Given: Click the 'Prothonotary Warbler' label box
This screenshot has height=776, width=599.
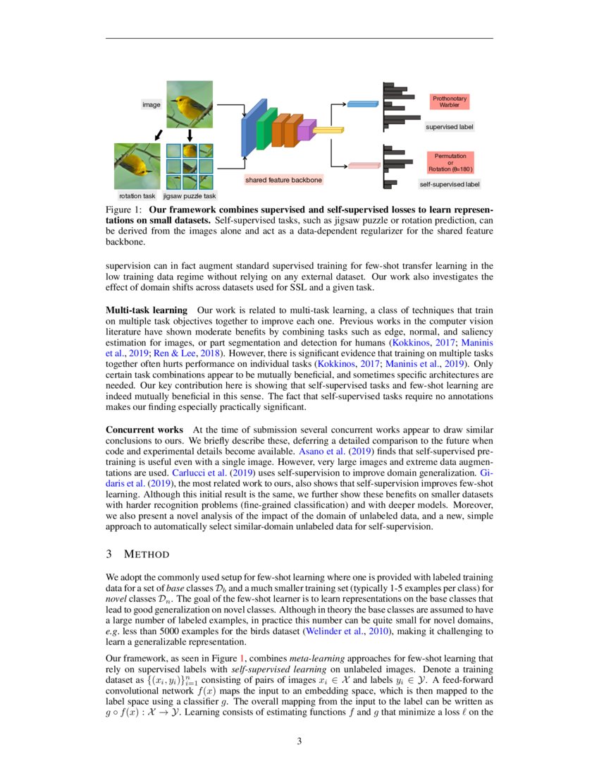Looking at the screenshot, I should click(x=449, y=102).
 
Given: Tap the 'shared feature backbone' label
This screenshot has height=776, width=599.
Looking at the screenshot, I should click(x=283, y=181).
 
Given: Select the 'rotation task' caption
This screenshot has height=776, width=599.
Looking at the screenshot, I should click(x=137, y=195).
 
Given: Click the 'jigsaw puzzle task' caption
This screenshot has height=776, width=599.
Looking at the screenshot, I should click(x=190, y=195).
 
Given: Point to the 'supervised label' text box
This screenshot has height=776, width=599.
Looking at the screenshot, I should click(x=449, y=128).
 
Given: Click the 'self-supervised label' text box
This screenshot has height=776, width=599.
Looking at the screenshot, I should click(x=449, y=184).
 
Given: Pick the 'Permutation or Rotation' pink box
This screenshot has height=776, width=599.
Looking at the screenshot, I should click(x=449, y=162).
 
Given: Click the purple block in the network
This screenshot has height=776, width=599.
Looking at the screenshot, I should click(x=304, y=131).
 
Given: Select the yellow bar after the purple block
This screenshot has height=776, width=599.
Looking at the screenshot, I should click(x=327, y=131).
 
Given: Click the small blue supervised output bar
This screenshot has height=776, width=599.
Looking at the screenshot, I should click(x=363, y=104).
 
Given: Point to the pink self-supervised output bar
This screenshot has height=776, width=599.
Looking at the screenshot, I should click(x=364, y=166).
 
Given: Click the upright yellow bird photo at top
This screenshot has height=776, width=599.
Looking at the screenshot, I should click(x=189, y=104).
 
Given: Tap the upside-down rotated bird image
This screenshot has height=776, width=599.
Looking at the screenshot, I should click(x=137, y=166).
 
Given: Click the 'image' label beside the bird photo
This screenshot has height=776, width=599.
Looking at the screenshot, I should click(x=152, y=104).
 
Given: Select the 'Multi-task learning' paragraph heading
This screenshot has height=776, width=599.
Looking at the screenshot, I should click(x=146, y=310).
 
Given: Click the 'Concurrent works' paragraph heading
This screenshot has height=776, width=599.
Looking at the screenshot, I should click(x=144, y=430).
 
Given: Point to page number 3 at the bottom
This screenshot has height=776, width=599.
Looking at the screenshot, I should click(x=299, y=741).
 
